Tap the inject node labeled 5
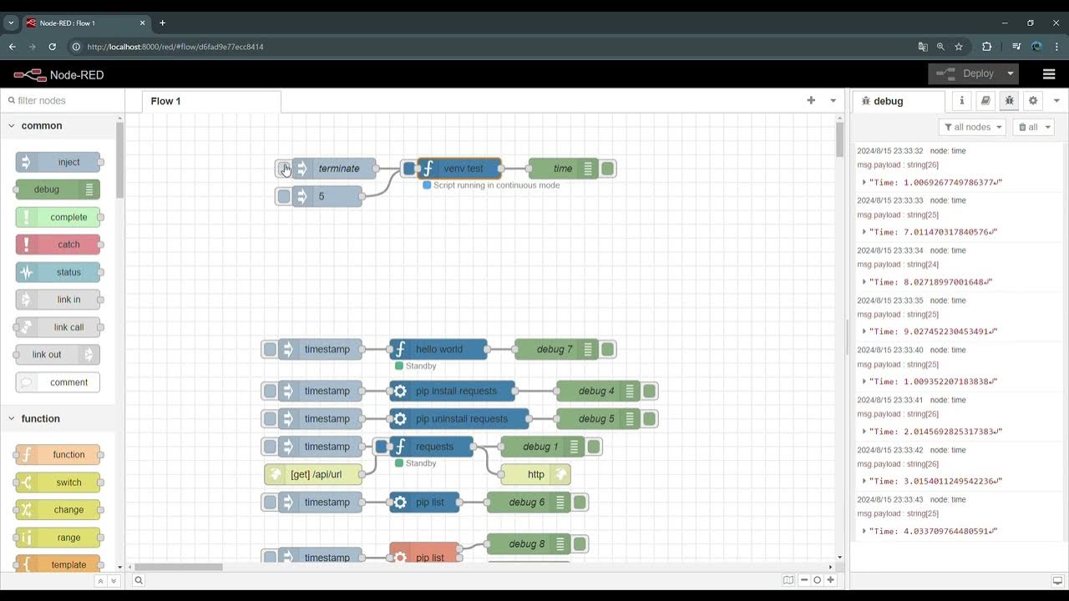point(327,196)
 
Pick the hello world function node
point(438,349)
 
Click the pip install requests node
point(455,391)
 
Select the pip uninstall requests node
point(461,418)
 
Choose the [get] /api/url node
point(316,474)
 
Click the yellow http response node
point(535,474)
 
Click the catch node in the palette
point(58,245)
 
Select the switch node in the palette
point(58,482)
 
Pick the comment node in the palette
point(58,382)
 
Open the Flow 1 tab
point(166,101)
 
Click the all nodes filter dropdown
point(972,127)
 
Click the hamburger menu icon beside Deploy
point(1049,73)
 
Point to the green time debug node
point(562,169)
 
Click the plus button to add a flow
point(811,100)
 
